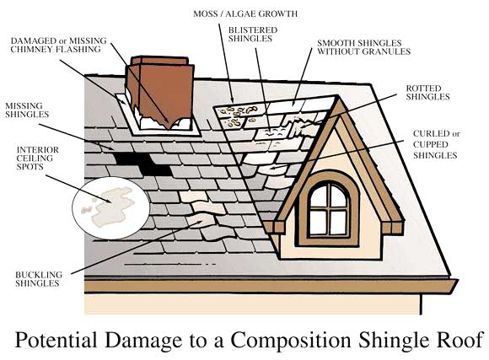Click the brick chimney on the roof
click(159, 93)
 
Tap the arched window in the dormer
click(329, 208)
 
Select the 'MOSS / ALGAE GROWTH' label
click(245, 14)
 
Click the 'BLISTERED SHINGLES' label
click(253, 35)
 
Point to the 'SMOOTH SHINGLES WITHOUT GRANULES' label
click(363, 47)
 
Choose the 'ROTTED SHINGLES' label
click(427, 93)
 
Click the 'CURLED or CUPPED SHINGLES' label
click(436, 144)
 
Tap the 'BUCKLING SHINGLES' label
click(39, 279)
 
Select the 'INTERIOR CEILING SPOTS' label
click(37, 159)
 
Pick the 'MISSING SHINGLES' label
click(27, 110)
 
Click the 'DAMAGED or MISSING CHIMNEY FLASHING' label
click(58, 45)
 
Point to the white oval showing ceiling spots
click(110, 207)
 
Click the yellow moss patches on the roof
click(239, 116)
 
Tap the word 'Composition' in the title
click(291, 340)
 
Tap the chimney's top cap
click(159, 61)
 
